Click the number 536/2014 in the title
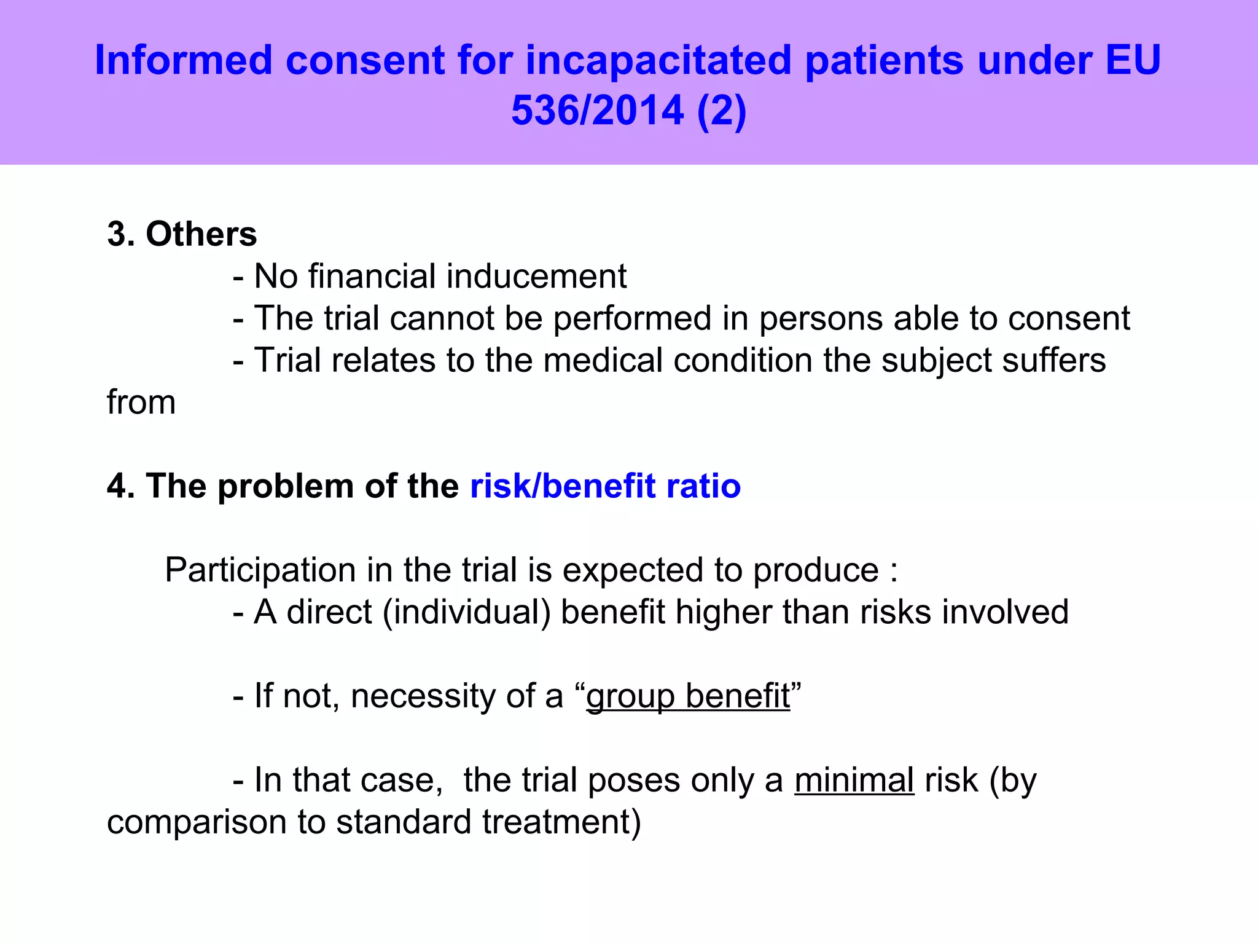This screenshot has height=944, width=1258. point(597,111)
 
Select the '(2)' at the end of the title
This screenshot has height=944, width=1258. point(722,111)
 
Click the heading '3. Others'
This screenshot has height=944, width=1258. point(182,234)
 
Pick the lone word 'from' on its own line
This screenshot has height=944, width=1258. point(141,403)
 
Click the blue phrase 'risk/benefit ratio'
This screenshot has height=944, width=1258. point(605,486)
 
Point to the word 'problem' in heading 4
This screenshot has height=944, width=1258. point(286,486)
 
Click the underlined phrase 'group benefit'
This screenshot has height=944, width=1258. point(688,696)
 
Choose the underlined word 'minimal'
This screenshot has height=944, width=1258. point(854,780)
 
